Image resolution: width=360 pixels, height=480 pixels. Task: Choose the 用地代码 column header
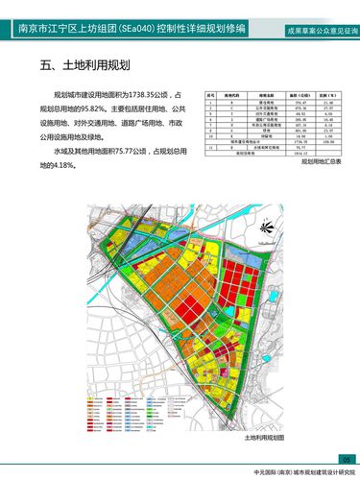pos(230,95)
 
